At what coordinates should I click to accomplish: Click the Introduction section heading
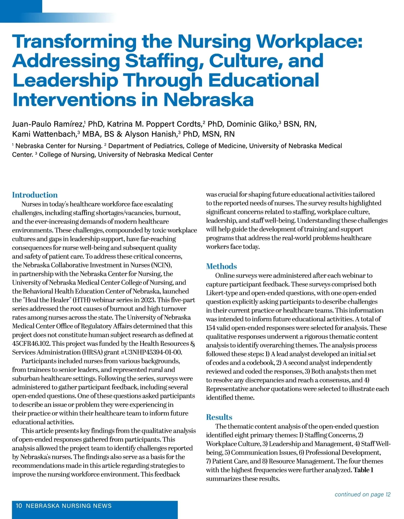35,195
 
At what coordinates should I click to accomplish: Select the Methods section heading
221,266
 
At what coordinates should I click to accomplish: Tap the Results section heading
219,417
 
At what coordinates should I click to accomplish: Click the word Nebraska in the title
209,100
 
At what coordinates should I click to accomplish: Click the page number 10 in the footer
19,506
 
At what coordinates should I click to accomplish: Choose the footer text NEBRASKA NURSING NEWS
69,506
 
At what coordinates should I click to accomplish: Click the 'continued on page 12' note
363,494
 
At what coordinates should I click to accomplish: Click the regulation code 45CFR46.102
31,343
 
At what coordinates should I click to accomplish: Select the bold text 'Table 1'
363,470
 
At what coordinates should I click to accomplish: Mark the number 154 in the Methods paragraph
210,328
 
